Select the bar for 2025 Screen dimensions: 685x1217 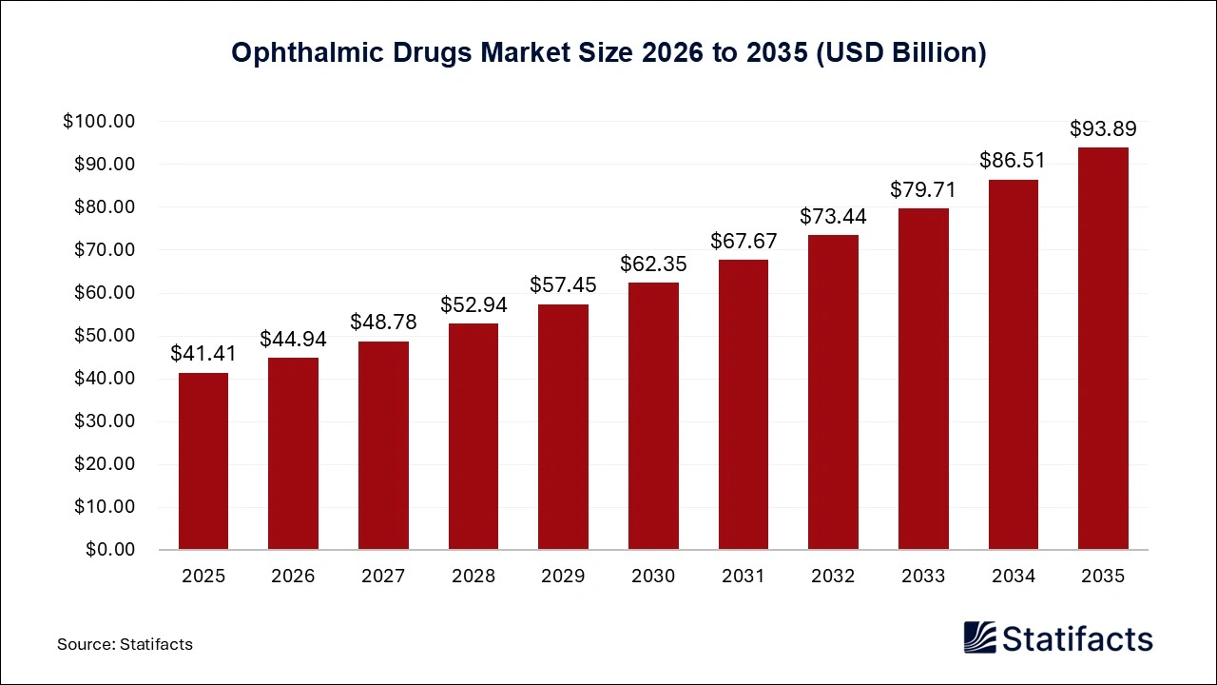[x=203, y=461]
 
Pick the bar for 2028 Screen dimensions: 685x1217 [x=473, y=437]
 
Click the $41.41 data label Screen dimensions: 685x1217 [x=203, y=354]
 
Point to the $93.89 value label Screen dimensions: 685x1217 [x=1103, y=128]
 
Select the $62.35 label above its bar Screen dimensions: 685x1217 [x=653, y=264]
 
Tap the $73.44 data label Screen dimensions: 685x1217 [x=833, y=216]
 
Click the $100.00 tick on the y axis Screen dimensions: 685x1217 [x=100, y=122]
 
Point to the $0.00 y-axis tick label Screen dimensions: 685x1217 [x=110, y=550]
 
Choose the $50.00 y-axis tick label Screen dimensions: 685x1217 [x=104, y=336]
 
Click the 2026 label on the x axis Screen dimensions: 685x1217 [x=293, y=577]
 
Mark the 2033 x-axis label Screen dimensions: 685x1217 [x=923, y=577]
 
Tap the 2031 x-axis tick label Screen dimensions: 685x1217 [x=744, y=577]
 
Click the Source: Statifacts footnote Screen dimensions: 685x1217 [x=125, y=644]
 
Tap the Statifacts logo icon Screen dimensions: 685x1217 [x=979, y=637]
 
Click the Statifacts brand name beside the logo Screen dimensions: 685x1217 [x=1077, y=638]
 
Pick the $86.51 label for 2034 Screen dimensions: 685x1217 [x=1013, y=161]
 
